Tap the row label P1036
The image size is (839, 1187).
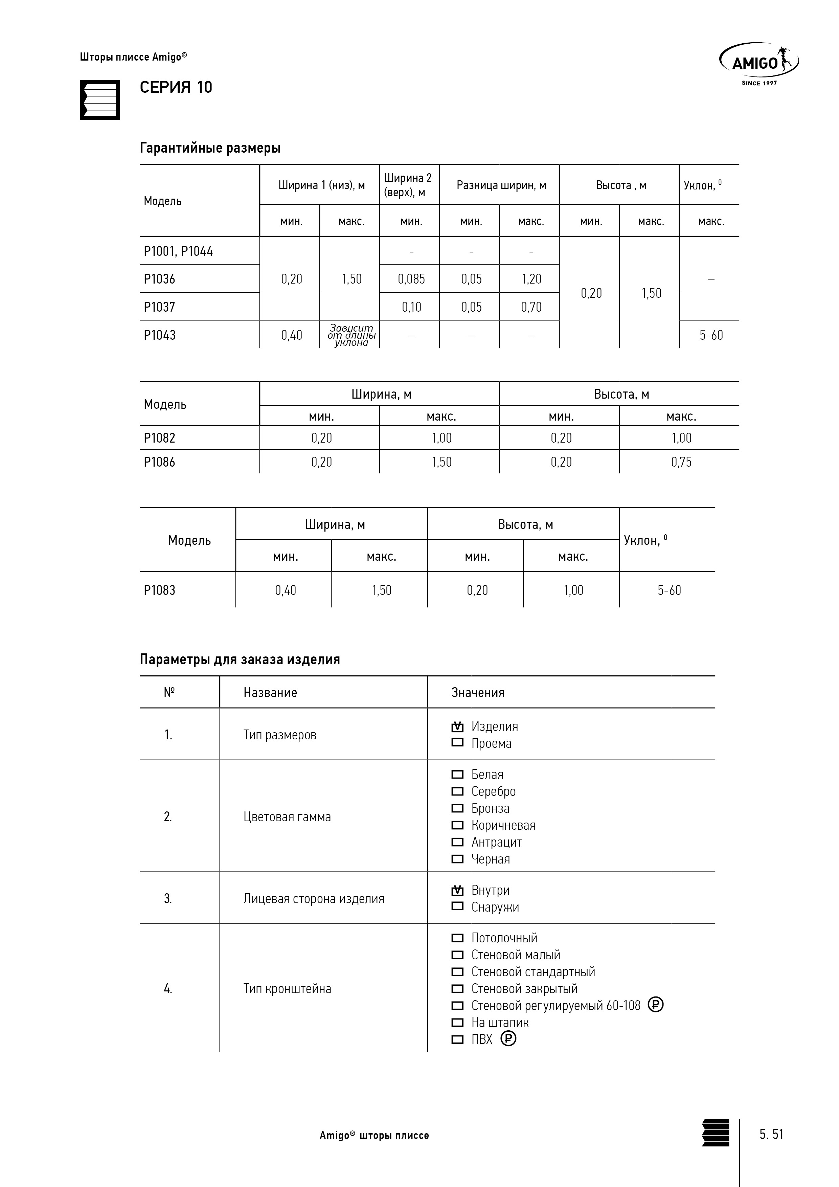(x=159, y=279)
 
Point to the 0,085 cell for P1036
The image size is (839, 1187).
(x=411, y=279)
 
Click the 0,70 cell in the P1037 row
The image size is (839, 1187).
(x=531, y=307)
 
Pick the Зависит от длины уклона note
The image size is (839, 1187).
(x=351, y=335)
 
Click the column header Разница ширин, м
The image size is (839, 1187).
(x=501, y=185)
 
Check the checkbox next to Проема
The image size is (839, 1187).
(x=457, y=743)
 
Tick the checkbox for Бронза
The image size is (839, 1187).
(x=457, y=808)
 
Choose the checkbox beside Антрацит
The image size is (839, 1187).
(x=457, y=842)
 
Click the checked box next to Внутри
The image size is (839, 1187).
(x=457, y=890)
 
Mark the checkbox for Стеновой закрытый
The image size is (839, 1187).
(x=457, y=988)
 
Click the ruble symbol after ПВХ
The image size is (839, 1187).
(x=508, y=1039)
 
